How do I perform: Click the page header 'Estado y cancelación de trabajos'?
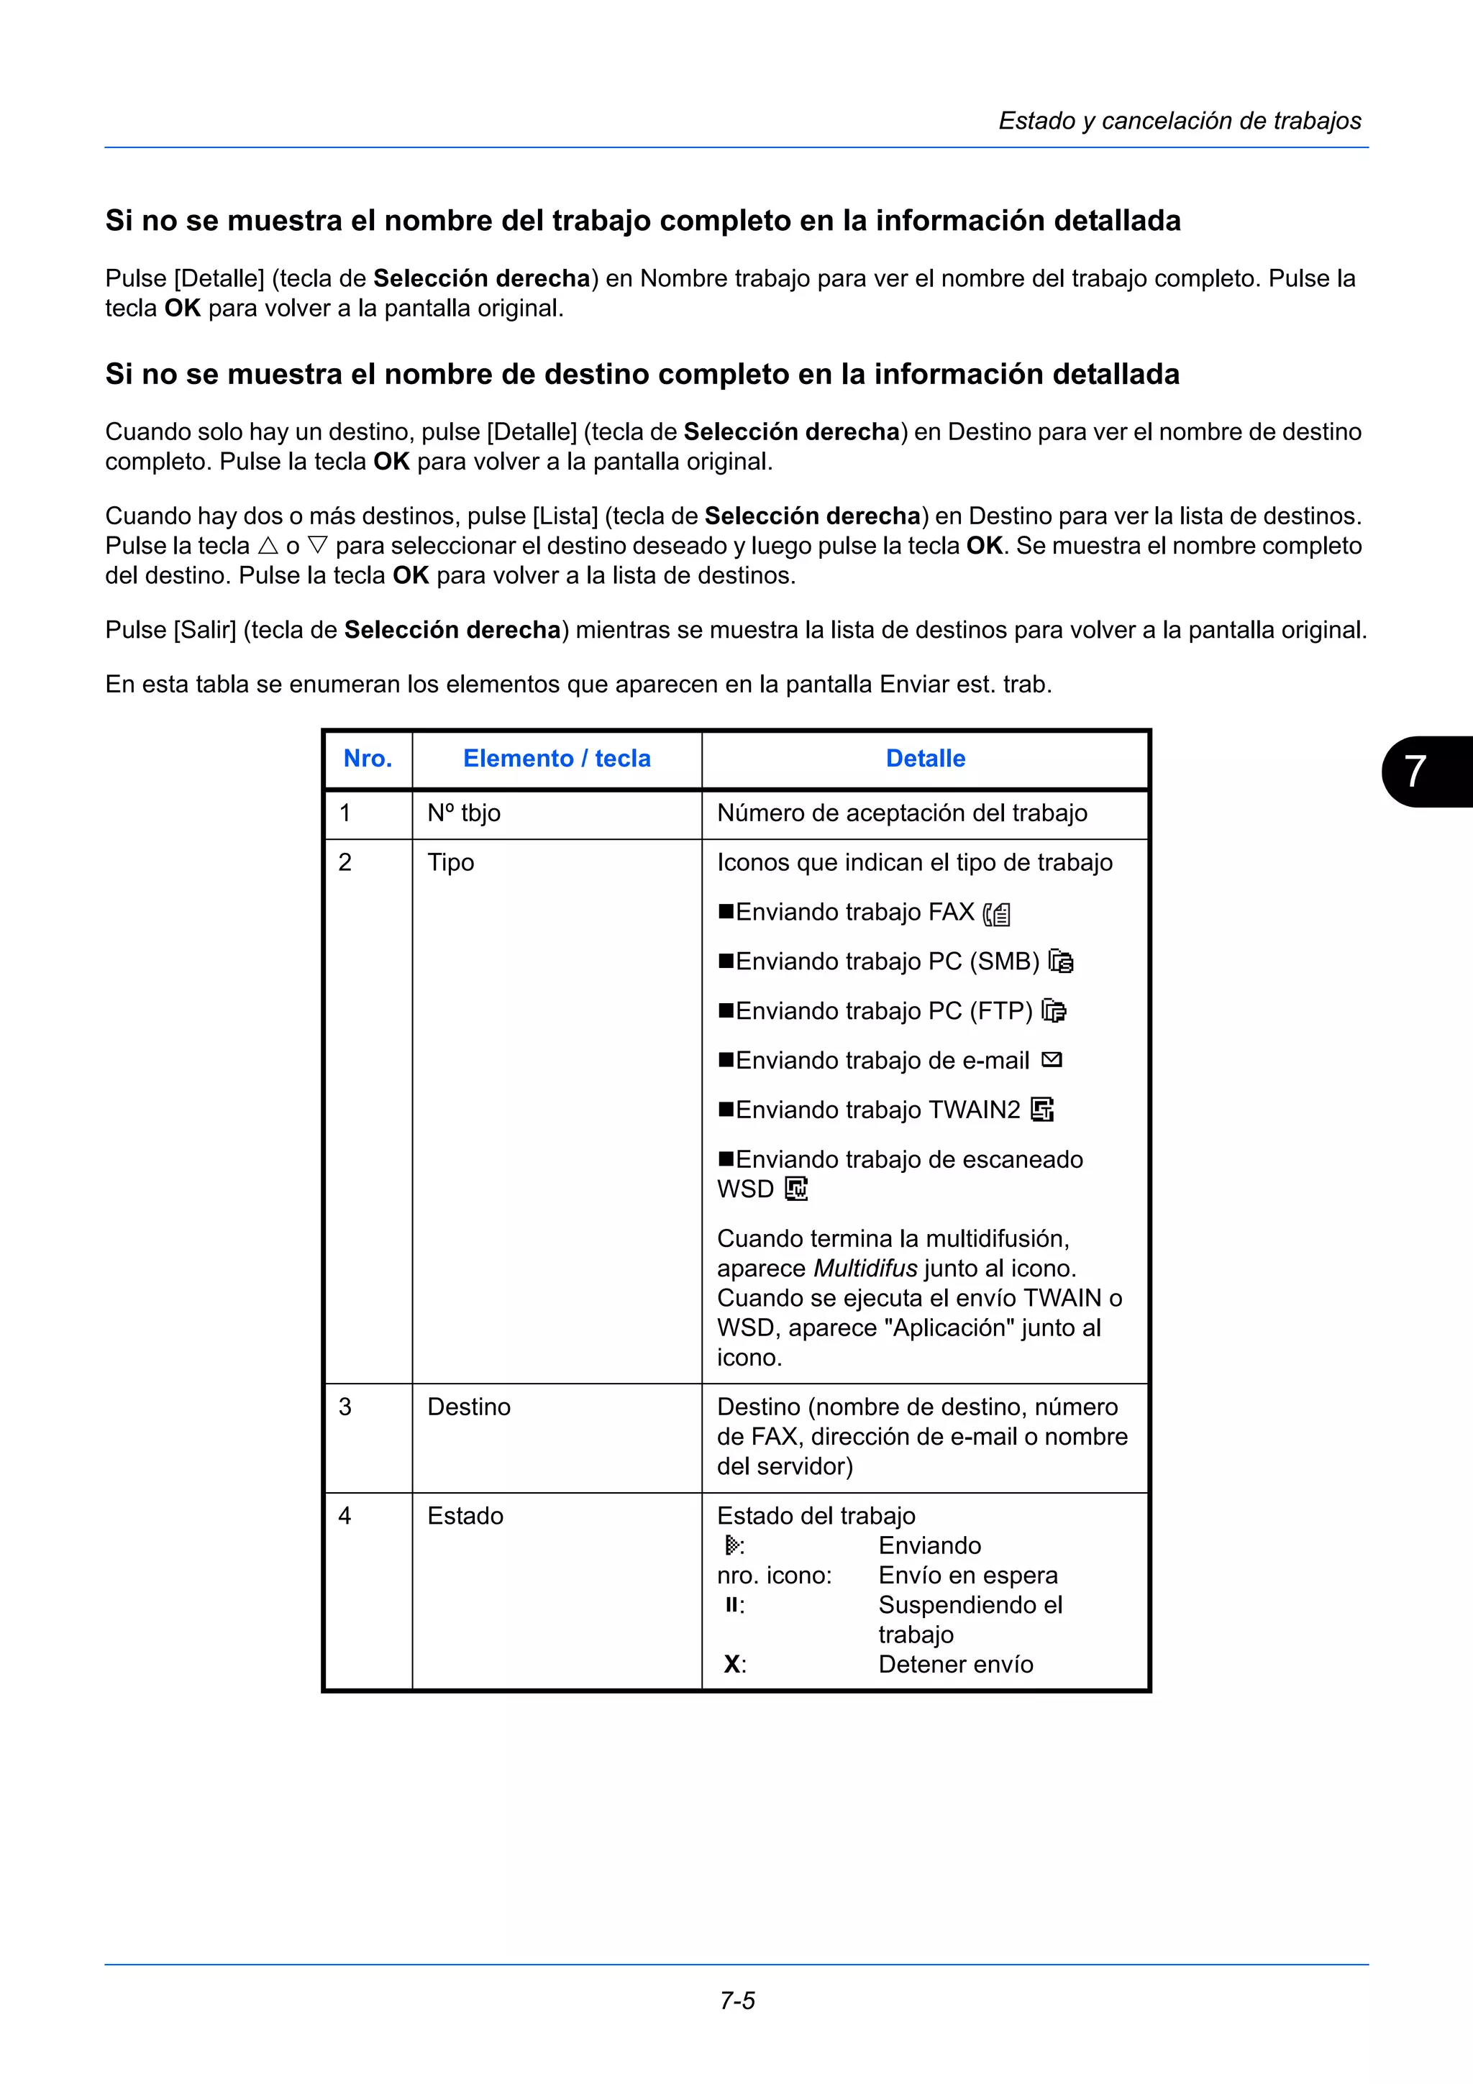point(1179,121)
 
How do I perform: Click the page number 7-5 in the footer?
point(737,2001)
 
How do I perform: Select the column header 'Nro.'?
point(368,759)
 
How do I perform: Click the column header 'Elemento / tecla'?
point(557,759)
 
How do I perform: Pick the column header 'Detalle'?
point(925,759)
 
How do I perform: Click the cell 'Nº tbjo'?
point(464,813)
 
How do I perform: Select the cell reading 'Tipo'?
point(451,862)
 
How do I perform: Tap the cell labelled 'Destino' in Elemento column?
point(469,1407)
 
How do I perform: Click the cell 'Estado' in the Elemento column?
point(465,1516)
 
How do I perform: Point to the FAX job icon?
point(998,914)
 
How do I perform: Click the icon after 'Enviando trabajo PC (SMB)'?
point(1061,961)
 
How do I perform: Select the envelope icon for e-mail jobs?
point(1052,1060)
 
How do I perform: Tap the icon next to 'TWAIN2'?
point(1043,1110)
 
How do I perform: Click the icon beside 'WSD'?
point(796,1189)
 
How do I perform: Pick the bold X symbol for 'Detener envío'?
point(731,1665)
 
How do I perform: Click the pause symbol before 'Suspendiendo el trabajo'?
point(731,1605)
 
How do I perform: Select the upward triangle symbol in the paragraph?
point(268,547)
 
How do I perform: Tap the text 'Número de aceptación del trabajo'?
point(902,813)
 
